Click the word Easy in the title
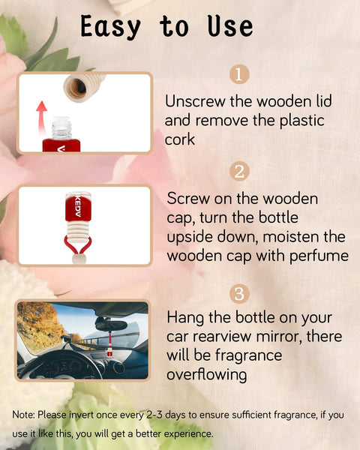110,27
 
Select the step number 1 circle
238,75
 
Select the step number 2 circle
238,171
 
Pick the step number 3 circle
238,292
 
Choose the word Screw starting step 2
188,199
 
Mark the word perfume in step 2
322,255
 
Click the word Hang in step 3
185,317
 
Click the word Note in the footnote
24,414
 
